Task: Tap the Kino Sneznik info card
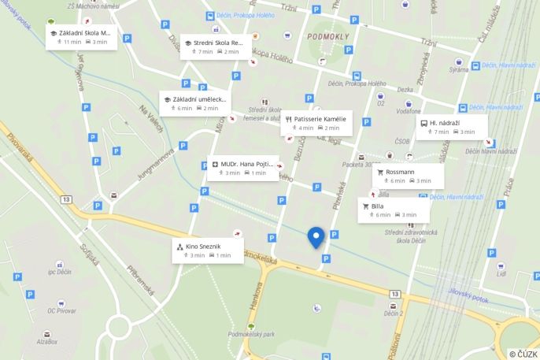coord(208,251)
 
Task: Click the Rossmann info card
coord(408,176)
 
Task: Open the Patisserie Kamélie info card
coord(316,123)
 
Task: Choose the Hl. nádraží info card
coord(452,127)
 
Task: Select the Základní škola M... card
coord(82,37)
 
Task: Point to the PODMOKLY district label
coord(328,36)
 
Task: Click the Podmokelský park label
coord(250,334)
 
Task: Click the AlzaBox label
coord(46,341)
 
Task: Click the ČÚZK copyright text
coord(523,354)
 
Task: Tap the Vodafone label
coord(408,112)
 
